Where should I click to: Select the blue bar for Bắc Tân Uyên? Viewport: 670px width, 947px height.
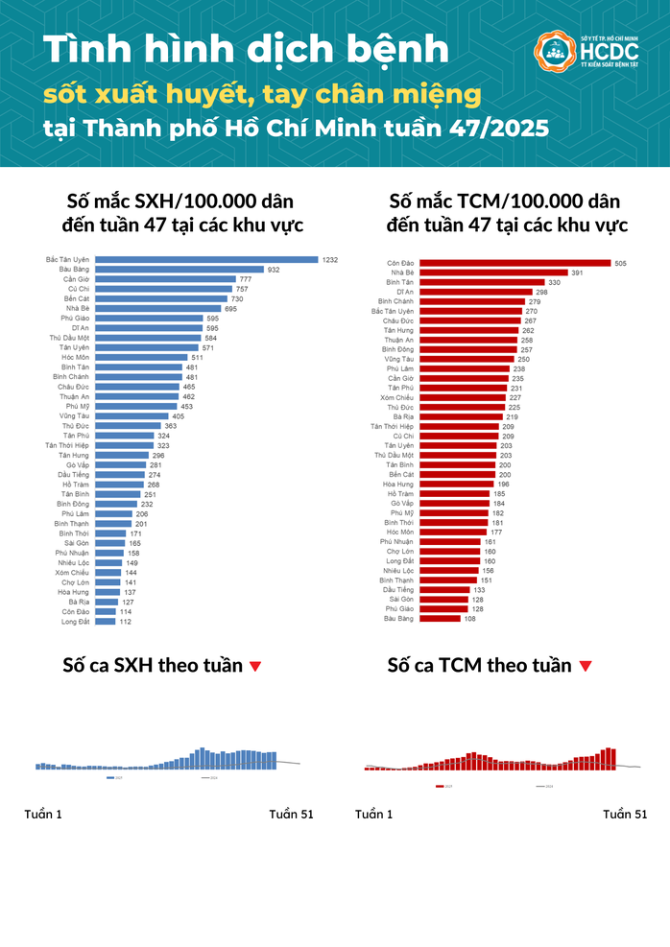pos(207,260)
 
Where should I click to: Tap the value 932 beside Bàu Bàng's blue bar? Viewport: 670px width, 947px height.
pos(274,270)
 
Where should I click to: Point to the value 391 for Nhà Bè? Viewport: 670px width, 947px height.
pos(577,272)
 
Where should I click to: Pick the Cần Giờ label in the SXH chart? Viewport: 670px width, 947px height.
pos(77,279)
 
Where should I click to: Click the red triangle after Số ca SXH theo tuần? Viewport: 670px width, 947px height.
pos(254,666)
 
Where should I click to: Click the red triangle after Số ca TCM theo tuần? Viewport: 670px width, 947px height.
pos(586,666)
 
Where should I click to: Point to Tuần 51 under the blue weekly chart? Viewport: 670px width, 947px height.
pos(291,815)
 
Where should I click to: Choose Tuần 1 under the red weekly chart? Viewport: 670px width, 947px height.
pos(374,815)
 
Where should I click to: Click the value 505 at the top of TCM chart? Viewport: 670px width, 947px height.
pos(620,263)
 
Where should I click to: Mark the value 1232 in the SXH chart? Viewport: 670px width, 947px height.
pos(330,260)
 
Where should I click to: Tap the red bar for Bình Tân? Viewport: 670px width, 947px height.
pos(481,282)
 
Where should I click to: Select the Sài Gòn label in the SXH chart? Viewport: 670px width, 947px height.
pos(76,543)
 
